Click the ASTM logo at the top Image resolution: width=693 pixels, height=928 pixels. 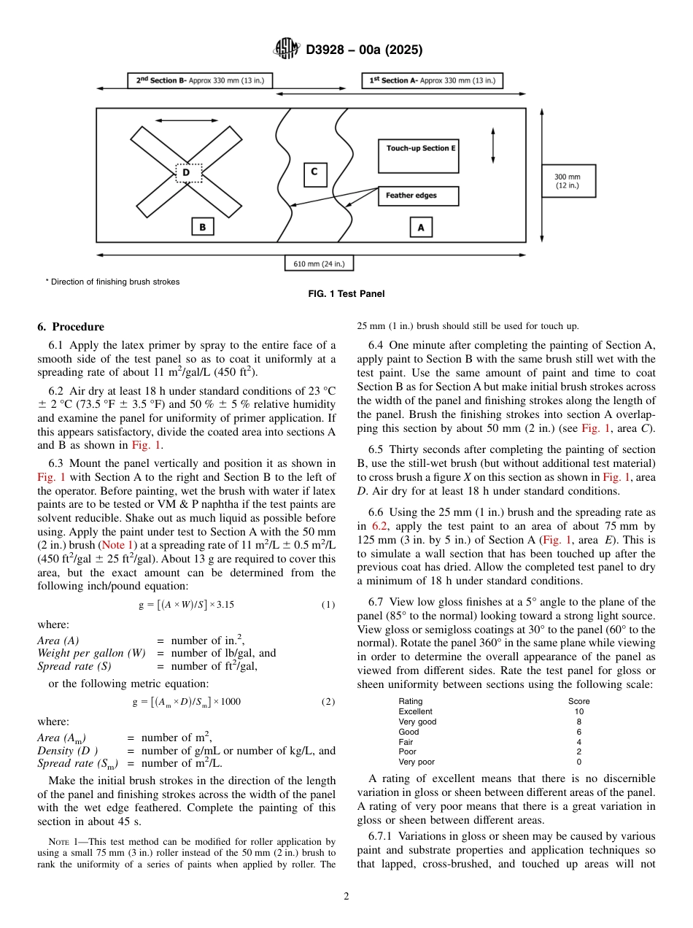coord(287,50)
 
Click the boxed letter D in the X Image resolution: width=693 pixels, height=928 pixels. coord(187,173)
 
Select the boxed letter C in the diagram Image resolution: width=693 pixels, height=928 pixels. coord(314,174)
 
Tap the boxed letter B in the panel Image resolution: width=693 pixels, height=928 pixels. coord(202,228)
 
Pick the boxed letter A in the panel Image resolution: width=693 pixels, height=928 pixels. coord(420,228)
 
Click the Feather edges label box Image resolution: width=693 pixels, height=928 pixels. coord(418,196)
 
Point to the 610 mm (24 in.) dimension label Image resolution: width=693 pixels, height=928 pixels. coord(319,263)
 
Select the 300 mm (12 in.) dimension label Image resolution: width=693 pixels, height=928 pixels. coord(568,181)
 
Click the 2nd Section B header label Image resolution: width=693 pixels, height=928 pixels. coord(200,80)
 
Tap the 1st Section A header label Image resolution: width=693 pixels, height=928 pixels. coord(432,80)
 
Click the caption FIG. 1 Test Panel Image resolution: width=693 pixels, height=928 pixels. coord(346,294)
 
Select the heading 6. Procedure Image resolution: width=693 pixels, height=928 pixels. coord(71,327)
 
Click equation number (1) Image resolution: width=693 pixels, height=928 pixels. coord(328,605)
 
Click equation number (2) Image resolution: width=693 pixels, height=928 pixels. coord(328,702)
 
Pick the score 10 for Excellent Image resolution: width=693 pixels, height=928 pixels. coord(578,711)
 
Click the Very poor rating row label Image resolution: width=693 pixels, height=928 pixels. coord(416,762)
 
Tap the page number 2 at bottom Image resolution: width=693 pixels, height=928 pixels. coord(346,897)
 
